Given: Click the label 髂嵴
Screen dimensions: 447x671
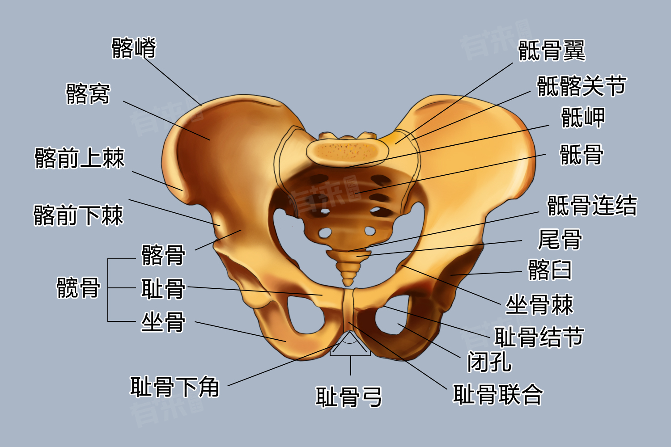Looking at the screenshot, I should click(134, 48).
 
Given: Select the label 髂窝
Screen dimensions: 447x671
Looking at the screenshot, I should click(88, 94).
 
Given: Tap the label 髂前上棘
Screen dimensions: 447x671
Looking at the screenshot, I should click(80, 158).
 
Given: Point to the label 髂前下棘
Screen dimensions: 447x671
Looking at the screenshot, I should click(78, 215).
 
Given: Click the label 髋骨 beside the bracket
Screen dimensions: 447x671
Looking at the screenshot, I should click(78, 287).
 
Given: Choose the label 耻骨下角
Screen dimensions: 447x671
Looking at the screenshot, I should click(174, 387).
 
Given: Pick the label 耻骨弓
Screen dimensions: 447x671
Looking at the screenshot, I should click(348, 397).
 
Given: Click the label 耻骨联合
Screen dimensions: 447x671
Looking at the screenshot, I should click(498, 394).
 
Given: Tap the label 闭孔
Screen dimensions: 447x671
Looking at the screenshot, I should click(489, 361).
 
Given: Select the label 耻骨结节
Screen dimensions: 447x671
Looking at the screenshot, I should click(539, 337).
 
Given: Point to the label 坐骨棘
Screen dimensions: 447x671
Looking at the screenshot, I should click(539, 305).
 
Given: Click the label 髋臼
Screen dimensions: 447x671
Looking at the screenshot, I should click(550, 270).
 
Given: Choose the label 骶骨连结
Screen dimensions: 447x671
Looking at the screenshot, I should click(592, 206).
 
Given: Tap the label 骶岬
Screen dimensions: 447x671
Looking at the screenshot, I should click(583, 118).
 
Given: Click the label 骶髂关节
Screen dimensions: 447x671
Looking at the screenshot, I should click(582, 86).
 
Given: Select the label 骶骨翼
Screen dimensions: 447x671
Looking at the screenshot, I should click(552, 50).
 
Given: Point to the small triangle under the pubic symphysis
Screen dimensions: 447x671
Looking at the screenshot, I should click(350, 344).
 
